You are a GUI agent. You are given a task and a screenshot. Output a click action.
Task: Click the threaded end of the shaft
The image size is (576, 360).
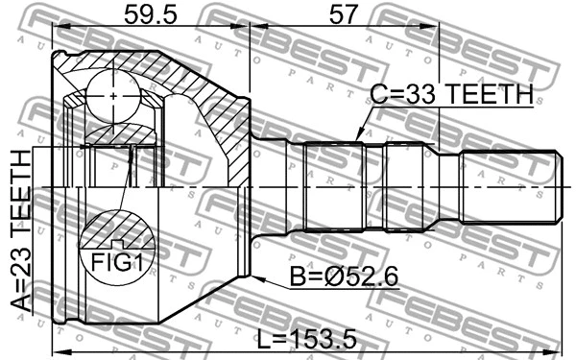pos(509,186)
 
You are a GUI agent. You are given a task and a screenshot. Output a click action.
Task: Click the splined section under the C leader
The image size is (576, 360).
pos(332,186)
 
